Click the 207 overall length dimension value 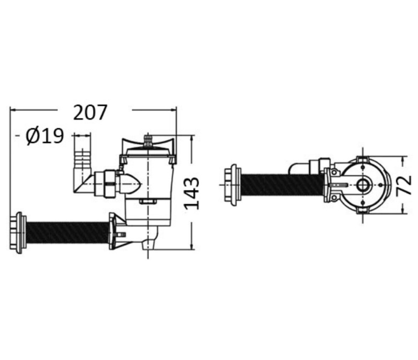tap(90, 113)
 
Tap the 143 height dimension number tap(192, 194)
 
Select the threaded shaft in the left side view tap(68, 231)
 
